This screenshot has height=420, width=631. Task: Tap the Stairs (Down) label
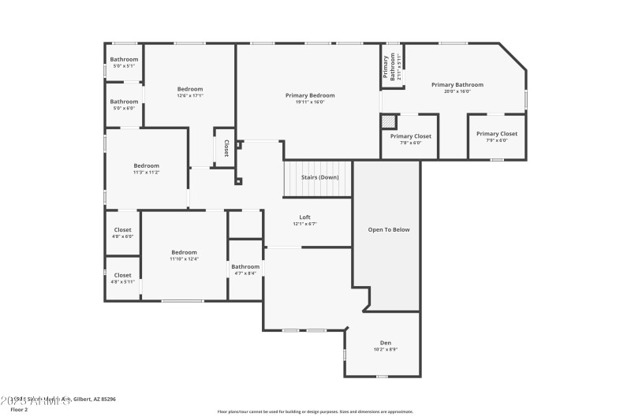[319, 177]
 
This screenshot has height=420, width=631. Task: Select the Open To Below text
[389, 229]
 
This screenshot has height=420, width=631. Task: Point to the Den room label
[386, 342]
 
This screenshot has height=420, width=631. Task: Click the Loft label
[304, 217]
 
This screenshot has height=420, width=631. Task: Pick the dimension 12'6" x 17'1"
[189, 95]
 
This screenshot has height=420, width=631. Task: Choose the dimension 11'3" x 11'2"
[146, 172]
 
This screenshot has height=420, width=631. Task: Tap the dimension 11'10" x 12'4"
[184, 258]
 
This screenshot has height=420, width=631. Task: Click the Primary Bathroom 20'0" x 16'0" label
[457, 87]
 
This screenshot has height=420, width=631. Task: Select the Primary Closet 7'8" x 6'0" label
[411, 139]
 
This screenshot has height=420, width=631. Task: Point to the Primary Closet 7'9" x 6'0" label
[497, 136]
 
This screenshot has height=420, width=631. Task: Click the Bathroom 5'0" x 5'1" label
[124, 62]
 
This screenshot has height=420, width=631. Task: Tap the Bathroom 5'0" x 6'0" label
[124, 104]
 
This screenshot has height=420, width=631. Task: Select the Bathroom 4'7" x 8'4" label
[245, 269]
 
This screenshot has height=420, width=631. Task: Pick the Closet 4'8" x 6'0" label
[122, 232]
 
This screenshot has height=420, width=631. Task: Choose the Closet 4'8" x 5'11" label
[122, 277]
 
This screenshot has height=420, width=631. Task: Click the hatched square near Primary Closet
[387, 121]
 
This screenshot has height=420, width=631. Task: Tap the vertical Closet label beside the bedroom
[226, 147]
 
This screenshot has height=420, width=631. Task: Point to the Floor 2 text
[18, 410]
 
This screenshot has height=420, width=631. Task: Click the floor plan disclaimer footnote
[315, 411]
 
